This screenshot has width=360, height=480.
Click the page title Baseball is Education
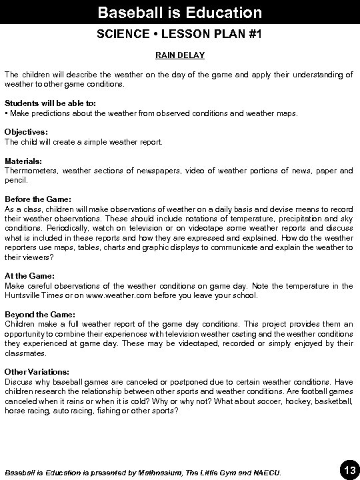pos(179,13)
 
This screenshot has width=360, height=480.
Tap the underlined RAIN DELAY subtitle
pos(180,55)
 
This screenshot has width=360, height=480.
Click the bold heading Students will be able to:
pos(41,104)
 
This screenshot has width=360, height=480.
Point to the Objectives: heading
pos(26,133)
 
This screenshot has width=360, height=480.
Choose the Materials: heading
pos(23,161)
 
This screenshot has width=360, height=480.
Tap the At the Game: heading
pos(30,275)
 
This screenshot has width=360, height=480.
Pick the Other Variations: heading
pos(37,371)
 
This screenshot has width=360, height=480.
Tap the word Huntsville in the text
pos(23,295)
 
